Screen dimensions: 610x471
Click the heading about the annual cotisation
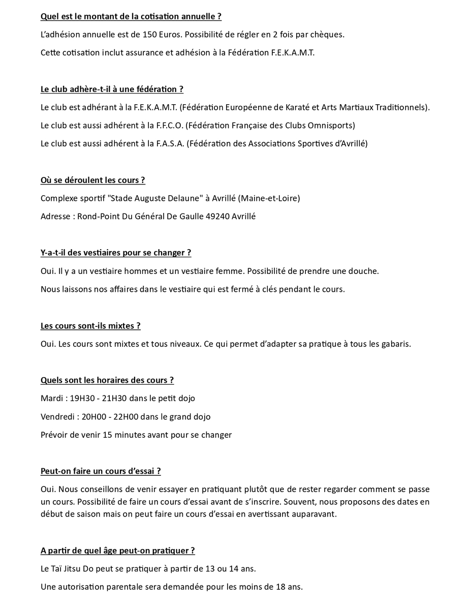pos(131,16)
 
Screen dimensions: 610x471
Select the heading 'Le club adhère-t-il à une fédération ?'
pos(112,89)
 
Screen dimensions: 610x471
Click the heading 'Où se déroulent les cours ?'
pos(93,180)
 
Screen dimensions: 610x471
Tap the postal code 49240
pos(217,217)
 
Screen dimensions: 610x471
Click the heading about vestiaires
pos(116,253)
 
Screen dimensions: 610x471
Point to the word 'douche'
pos(363,271)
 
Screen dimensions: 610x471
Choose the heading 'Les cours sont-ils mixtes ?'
pos(90,325)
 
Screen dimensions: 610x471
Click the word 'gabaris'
pos(393,344)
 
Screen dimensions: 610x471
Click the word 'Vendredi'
pos(58,417)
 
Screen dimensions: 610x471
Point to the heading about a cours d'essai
pos(101,471)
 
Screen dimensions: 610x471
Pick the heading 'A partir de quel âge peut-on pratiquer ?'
pos(118,551)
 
